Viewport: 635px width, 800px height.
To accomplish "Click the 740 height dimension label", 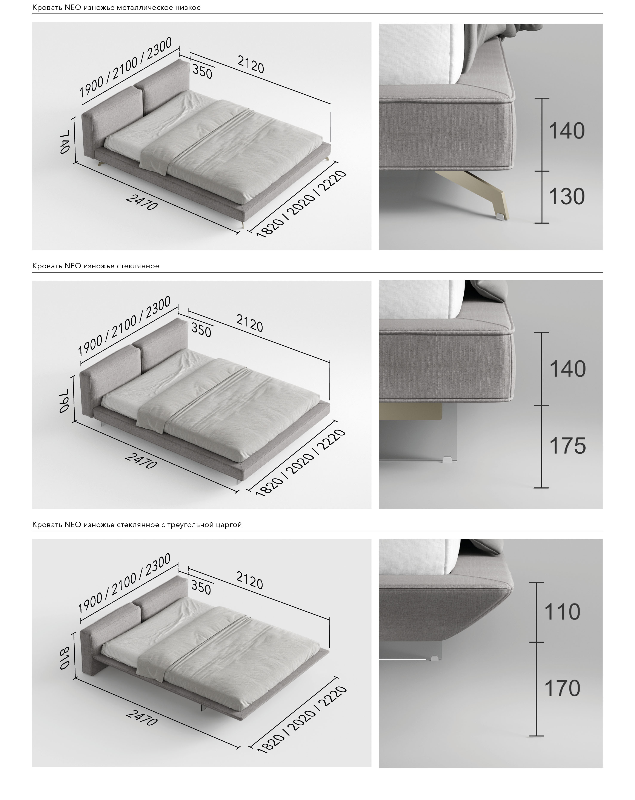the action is point(64,141).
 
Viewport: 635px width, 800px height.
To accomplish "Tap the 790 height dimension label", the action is point(64,400).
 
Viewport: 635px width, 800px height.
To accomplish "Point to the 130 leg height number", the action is point(566,197).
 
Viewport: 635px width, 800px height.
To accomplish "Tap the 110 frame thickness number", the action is point(562,612).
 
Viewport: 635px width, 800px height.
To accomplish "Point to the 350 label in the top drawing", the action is point(202,71).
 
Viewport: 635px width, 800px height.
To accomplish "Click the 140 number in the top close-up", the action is point(566,131).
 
